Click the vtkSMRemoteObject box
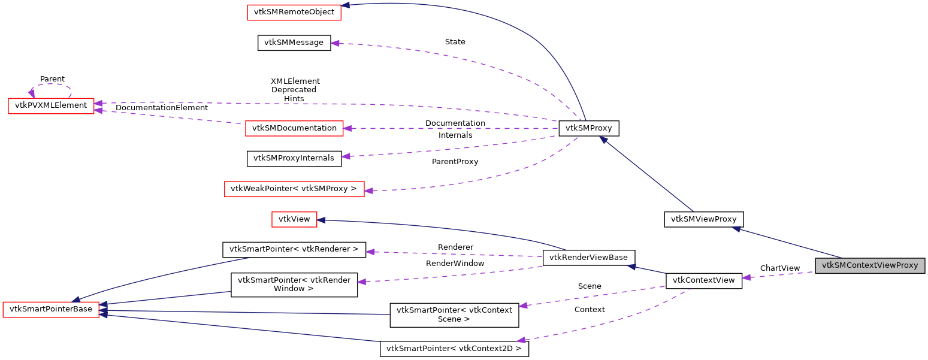point(294,12)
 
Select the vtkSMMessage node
point(294,43)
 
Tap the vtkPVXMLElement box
point(51,105)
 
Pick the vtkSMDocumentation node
point(294,128)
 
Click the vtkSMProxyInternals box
point(294,158)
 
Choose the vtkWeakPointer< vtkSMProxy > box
point(294,189)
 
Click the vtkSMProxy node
point(588,128)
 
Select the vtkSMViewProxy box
point(703,219)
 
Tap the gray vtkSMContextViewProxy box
point(870,265)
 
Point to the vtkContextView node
point(704,280)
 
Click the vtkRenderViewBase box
point(588,258)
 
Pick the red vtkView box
point(294,219)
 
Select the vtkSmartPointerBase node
point(51,310)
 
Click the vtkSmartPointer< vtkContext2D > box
point(454,349)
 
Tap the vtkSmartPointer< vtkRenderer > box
point(294,249)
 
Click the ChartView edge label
point(779,268)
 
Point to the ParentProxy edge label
point(455,162)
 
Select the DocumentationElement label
point(162,108)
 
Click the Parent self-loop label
point(52,79)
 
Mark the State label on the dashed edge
point(455,42)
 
